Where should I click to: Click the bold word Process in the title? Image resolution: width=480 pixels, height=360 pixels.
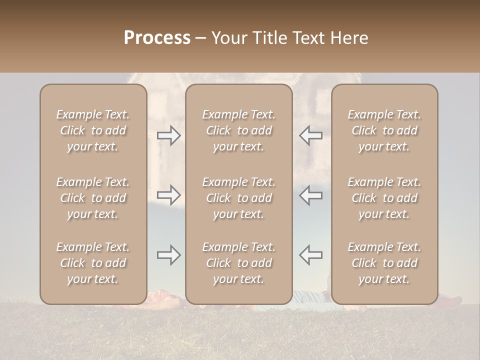157,38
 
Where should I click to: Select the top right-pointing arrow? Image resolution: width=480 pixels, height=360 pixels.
169,136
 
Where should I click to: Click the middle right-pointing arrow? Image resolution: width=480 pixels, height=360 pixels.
169,194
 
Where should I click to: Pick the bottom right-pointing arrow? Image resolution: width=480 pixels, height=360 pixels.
169,255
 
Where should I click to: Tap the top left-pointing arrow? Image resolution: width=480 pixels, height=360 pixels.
311,136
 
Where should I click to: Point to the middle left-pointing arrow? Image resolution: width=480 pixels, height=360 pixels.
311,194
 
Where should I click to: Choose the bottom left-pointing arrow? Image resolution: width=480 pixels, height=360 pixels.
311,255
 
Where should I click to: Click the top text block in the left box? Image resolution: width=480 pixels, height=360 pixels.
93,130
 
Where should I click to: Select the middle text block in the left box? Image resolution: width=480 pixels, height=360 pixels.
93,198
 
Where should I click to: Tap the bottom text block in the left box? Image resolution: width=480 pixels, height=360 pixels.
93,263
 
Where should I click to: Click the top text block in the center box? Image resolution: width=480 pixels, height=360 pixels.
239,130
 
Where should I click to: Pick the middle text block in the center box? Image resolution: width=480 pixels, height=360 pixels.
239,198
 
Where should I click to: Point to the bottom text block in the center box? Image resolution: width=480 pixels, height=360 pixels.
239,263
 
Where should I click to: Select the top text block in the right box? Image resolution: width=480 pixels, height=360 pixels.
384,130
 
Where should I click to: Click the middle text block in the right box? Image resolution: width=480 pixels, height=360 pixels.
384,198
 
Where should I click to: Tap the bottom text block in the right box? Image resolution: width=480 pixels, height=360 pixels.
384,263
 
